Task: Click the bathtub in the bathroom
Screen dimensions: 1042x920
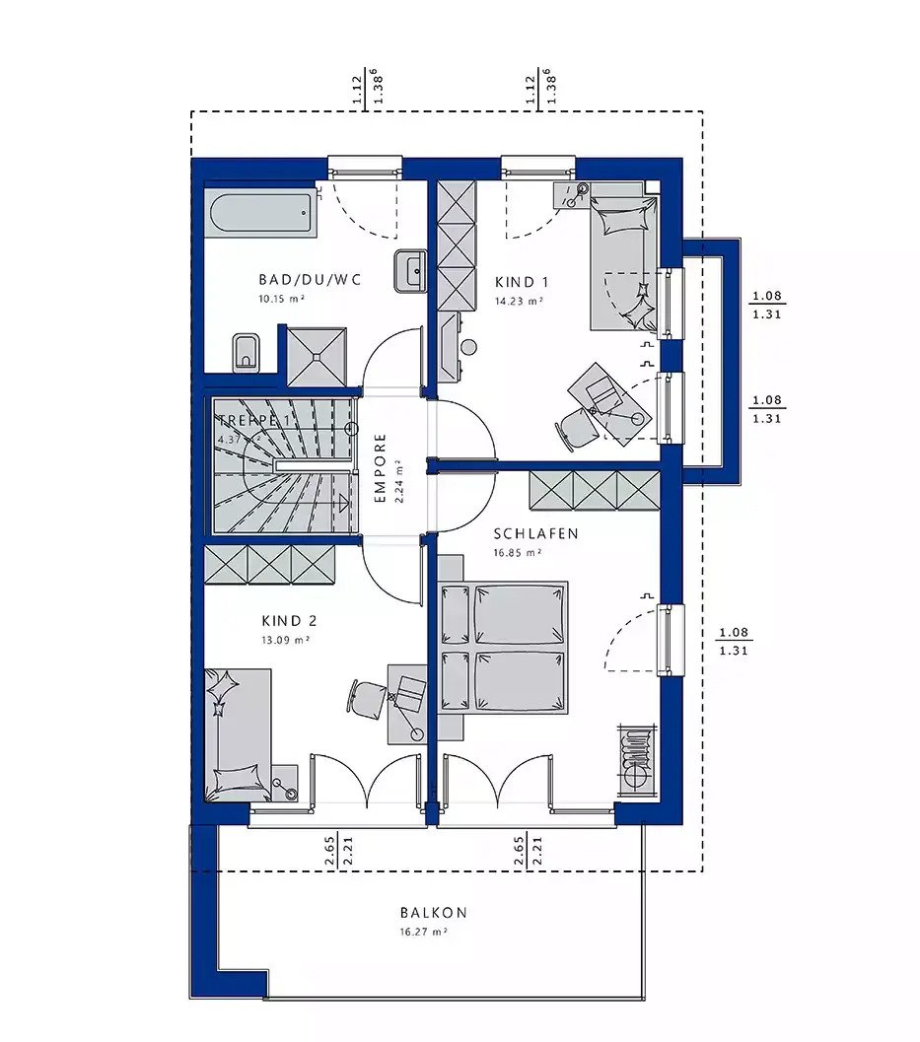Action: click(261, 214)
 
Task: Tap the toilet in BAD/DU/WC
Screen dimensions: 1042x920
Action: click(246, 352)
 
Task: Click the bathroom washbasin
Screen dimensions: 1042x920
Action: click(409, 270)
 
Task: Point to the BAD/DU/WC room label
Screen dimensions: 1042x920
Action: click(310, 280)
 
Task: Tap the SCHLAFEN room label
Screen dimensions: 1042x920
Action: click(535, 533)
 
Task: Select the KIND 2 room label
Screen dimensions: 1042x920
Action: click(289, 621)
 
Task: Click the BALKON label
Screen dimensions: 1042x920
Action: click(433, 913)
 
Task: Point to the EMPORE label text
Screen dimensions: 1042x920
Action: click(381, 469)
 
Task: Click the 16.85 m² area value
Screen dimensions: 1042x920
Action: click(519, 553)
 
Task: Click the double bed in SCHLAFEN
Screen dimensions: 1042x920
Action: click(503, 647)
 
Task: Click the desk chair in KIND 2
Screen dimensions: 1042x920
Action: click(366, 696)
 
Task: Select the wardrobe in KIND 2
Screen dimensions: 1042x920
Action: click(269, 566)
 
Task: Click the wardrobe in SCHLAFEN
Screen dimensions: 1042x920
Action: click(595, 489)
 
